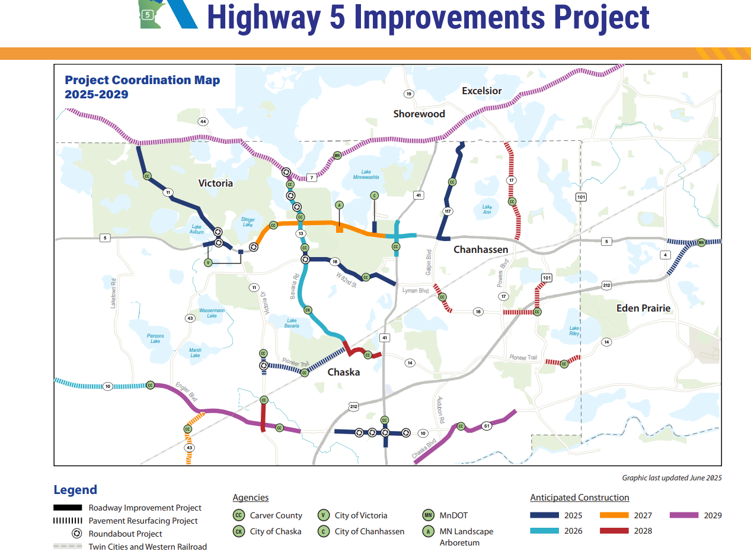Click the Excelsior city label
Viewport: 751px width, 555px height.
pos(481,91)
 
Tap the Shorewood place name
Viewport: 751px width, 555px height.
pos(419,114)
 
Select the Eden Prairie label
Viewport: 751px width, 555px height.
pos(643,308)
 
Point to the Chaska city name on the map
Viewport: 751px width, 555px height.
pos(344,372)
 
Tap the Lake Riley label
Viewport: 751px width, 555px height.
pos(574,331)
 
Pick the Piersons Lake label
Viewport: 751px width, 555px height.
pos(155,338)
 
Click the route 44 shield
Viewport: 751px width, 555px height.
pos(203,121)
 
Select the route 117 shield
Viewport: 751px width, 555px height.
pos(448,211)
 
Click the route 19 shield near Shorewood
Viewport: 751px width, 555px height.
pos(408,94)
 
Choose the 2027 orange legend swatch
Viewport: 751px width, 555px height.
pos(612,515)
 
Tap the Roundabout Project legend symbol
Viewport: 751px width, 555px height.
pos(76,534)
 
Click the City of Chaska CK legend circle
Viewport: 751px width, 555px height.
pos(239,531)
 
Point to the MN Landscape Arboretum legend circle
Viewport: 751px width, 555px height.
pos(428,531)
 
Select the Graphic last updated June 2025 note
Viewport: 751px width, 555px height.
pos(672,477)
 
